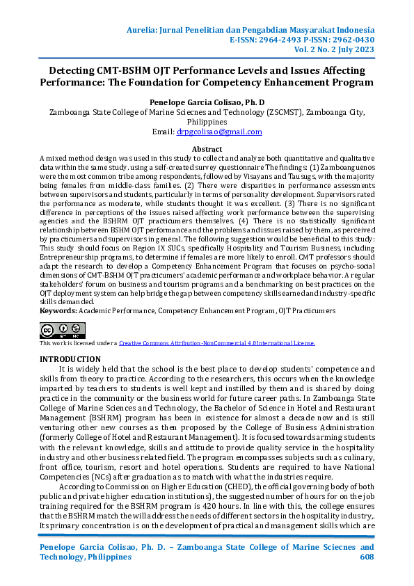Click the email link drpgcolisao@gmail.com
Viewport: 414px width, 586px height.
pyautogui.click(x=219, y=132)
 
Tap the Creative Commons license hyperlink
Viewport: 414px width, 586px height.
pyautogui.click(x=216, y=343)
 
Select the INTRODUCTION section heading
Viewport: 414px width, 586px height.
pyautogui.click(x=71, y=358)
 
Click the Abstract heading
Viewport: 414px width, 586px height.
pyautogui.click(x=207, y=150)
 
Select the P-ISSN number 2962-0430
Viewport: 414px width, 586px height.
pyautogui.click(x=352, y=40)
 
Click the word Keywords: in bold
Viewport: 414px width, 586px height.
pyautogui.click(x=58, y=310)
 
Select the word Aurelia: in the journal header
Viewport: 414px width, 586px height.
pyautogui.click(x=146, y=31)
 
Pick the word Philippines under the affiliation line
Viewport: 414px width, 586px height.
pyautogui.click(x=207, y=121)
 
